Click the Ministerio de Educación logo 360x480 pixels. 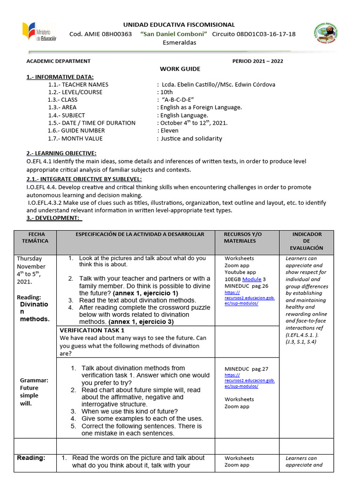tap(38, 33)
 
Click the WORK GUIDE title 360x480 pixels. tap(180, 69)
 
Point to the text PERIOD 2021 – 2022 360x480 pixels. tap(258, 61)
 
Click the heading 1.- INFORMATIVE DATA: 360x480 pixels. tap(60, 77)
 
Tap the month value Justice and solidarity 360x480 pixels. tap(191, 138)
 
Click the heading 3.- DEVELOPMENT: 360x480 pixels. tap(54, 218)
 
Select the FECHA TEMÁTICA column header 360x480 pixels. tap(35, 237)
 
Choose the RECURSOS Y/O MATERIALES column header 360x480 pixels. tap(243, 237)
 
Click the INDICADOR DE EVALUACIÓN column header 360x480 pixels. tap(307, 241)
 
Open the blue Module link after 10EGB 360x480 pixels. tap(252, 279)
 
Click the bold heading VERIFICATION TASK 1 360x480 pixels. tap(92, 330)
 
